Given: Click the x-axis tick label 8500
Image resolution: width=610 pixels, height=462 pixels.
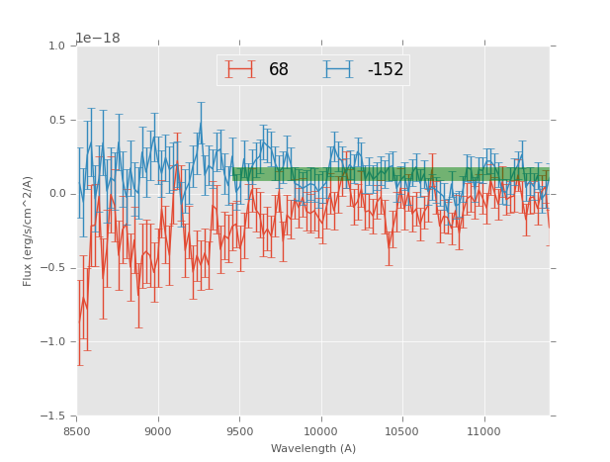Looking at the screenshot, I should coord(77,431).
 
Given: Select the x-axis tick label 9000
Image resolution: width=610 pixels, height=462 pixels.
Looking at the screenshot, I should coord(158,431).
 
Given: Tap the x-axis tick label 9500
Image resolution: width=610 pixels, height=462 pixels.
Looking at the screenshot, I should coord(239,431).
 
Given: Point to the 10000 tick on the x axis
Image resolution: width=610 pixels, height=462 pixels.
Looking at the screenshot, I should coord(320,431).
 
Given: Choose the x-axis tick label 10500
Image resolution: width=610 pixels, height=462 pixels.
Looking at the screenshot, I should coord(401,431).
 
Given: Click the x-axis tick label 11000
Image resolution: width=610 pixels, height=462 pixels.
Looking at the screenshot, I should coord(483,431).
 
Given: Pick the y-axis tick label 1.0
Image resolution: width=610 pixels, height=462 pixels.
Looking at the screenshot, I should coord(56,46).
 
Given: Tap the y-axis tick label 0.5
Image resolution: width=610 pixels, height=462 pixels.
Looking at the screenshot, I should coord(56,121).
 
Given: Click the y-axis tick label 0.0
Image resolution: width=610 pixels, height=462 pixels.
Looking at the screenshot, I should coord(56,194).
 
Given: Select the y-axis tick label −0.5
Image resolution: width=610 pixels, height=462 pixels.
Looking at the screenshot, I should coord(53,268).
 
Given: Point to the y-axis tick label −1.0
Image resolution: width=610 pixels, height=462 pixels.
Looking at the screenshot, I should coord(53,342).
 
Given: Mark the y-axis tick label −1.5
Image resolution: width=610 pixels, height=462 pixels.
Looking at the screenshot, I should coord(53,416).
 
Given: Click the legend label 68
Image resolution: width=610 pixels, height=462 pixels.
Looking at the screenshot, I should coord(279,70).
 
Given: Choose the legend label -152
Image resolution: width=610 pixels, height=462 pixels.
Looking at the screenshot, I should coord(386,70).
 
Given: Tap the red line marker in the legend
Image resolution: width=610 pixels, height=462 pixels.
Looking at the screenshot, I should coord(240,69).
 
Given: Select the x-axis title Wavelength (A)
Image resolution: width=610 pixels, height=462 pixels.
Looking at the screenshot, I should coord(313,449).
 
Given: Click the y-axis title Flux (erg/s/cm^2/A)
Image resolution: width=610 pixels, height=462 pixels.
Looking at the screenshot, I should coord(28,231).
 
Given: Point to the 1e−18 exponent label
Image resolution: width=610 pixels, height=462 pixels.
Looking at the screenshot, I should coord(98,38).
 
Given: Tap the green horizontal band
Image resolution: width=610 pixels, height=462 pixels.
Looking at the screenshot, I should coord(395,174).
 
